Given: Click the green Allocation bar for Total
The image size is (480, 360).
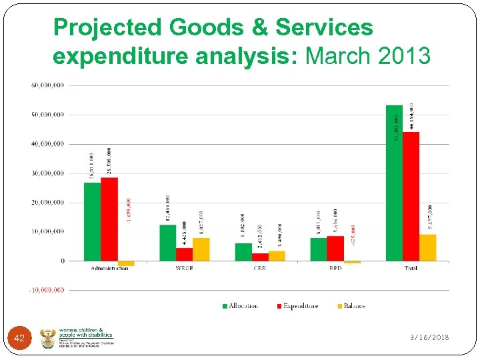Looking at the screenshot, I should [394, 183].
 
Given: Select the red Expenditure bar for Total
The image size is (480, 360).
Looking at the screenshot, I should [411, 196].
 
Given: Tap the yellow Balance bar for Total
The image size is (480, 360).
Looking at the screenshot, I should [427, 247].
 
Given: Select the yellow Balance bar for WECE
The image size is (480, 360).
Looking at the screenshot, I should [201, 249].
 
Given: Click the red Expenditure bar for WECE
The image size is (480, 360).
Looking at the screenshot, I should [184, 254].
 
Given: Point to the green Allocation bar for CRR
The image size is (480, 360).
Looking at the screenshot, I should [243, 252].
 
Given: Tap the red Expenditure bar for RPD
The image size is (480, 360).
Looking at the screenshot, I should [335, 248].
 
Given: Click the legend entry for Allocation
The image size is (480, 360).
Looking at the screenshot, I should [239, 306].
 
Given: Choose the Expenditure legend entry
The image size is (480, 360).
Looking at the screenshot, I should [297, 306].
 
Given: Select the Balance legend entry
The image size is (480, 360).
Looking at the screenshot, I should [351, 306].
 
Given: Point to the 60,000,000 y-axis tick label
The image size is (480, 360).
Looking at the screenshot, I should [47, 85].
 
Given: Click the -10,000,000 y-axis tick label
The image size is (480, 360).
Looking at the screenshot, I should [46, 290].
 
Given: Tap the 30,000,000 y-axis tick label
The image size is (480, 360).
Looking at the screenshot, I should [47, 173].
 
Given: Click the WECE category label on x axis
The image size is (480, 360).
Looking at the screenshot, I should [184, 268].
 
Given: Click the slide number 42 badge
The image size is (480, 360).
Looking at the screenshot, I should [19, 339].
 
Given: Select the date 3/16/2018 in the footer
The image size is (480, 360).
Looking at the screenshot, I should [429, 338].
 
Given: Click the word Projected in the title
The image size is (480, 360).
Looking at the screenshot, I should [107, 28].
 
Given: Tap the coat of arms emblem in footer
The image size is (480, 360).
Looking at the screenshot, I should [48, 338].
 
